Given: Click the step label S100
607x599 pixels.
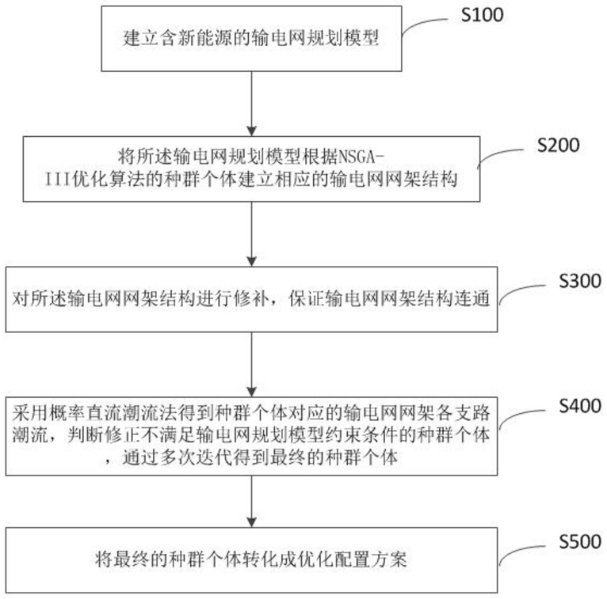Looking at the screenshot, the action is (483, 15).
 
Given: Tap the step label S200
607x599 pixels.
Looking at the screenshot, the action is (558, 145).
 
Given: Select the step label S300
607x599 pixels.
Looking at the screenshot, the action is (580, 281).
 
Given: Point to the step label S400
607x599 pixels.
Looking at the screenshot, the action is (580, 406).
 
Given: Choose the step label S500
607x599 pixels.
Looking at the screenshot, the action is (580, 541).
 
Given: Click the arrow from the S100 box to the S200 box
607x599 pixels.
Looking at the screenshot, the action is (252, 104).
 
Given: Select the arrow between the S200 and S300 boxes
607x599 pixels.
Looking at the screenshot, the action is (252, 234).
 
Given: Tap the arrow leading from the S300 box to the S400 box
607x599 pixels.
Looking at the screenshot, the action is (252, 365).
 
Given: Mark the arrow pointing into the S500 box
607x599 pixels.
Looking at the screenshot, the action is (252, 501).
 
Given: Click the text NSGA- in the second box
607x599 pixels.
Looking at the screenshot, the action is (361, 157).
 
